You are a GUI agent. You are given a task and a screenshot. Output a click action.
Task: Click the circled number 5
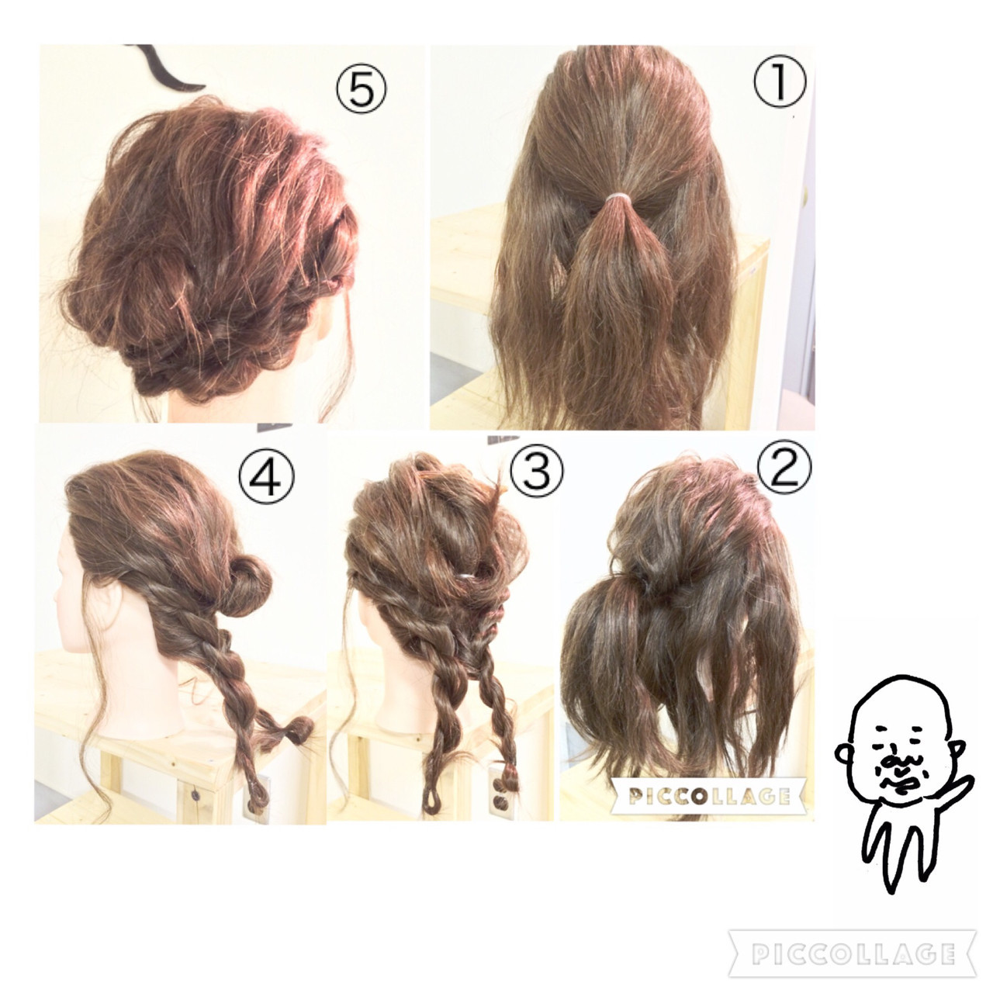pyautogui.click(x=361, y=91)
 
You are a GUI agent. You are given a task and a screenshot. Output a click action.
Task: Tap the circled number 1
pyautogui.click(x=780, y=81)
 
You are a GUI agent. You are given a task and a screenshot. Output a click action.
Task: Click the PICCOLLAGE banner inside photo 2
pyautogui.click(x=708, y=796)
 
